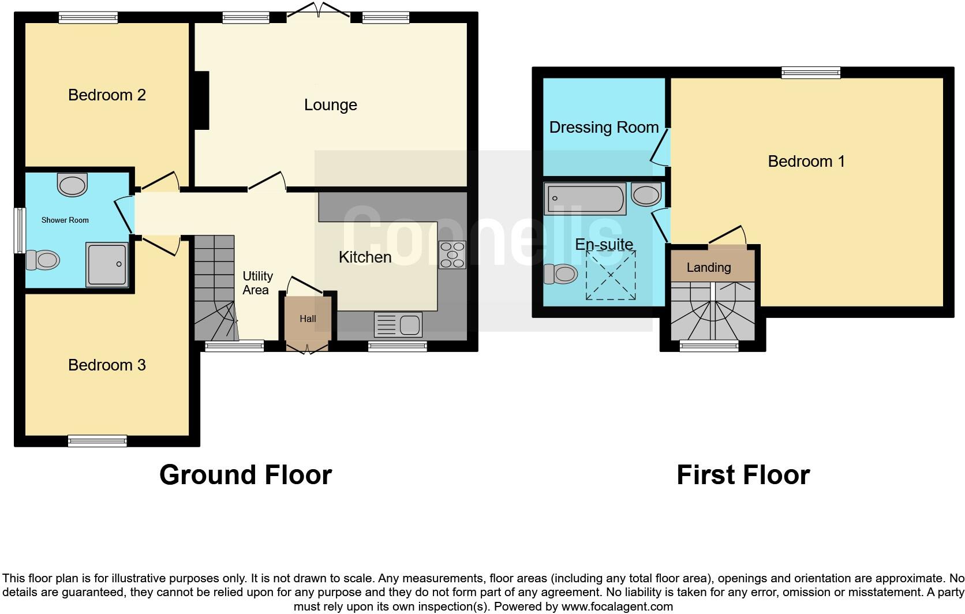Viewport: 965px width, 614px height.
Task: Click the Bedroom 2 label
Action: pos(107,95)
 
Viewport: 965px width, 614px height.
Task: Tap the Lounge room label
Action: pos(330,105)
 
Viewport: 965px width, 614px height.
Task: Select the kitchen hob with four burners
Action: pos(452,254)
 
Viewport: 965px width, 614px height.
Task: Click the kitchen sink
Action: pos(398,324)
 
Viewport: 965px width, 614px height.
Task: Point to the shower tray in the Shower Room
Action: pos(107,264)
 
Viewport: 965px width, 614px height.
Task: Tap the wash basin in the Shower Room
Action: pos(73,185)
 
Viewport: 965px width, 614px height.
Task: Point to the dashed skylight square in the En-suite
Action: pos(611,275)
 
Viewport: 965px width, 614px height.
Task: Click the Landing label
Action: pos(708,267)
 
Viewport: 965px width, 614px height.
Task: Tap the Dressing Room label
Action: pos(604,128)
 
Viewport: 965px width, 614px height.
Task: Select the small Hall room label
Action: pos(308,319)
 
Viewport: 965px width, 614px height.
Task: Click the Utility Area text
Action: pos(257,283)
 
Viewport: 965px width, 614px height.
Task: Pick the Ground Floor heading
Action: pos(245,475)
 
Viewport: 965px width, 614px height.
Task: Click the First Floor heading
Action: pos(743,475)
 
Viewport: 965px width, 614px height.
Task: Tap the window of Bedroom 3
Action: pos(97,441)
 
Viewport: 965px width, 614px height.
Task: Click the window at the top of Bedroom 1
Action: pos(810,72)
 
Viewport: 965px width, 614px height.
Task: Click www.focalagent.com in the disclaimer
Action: pos(617,606)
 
